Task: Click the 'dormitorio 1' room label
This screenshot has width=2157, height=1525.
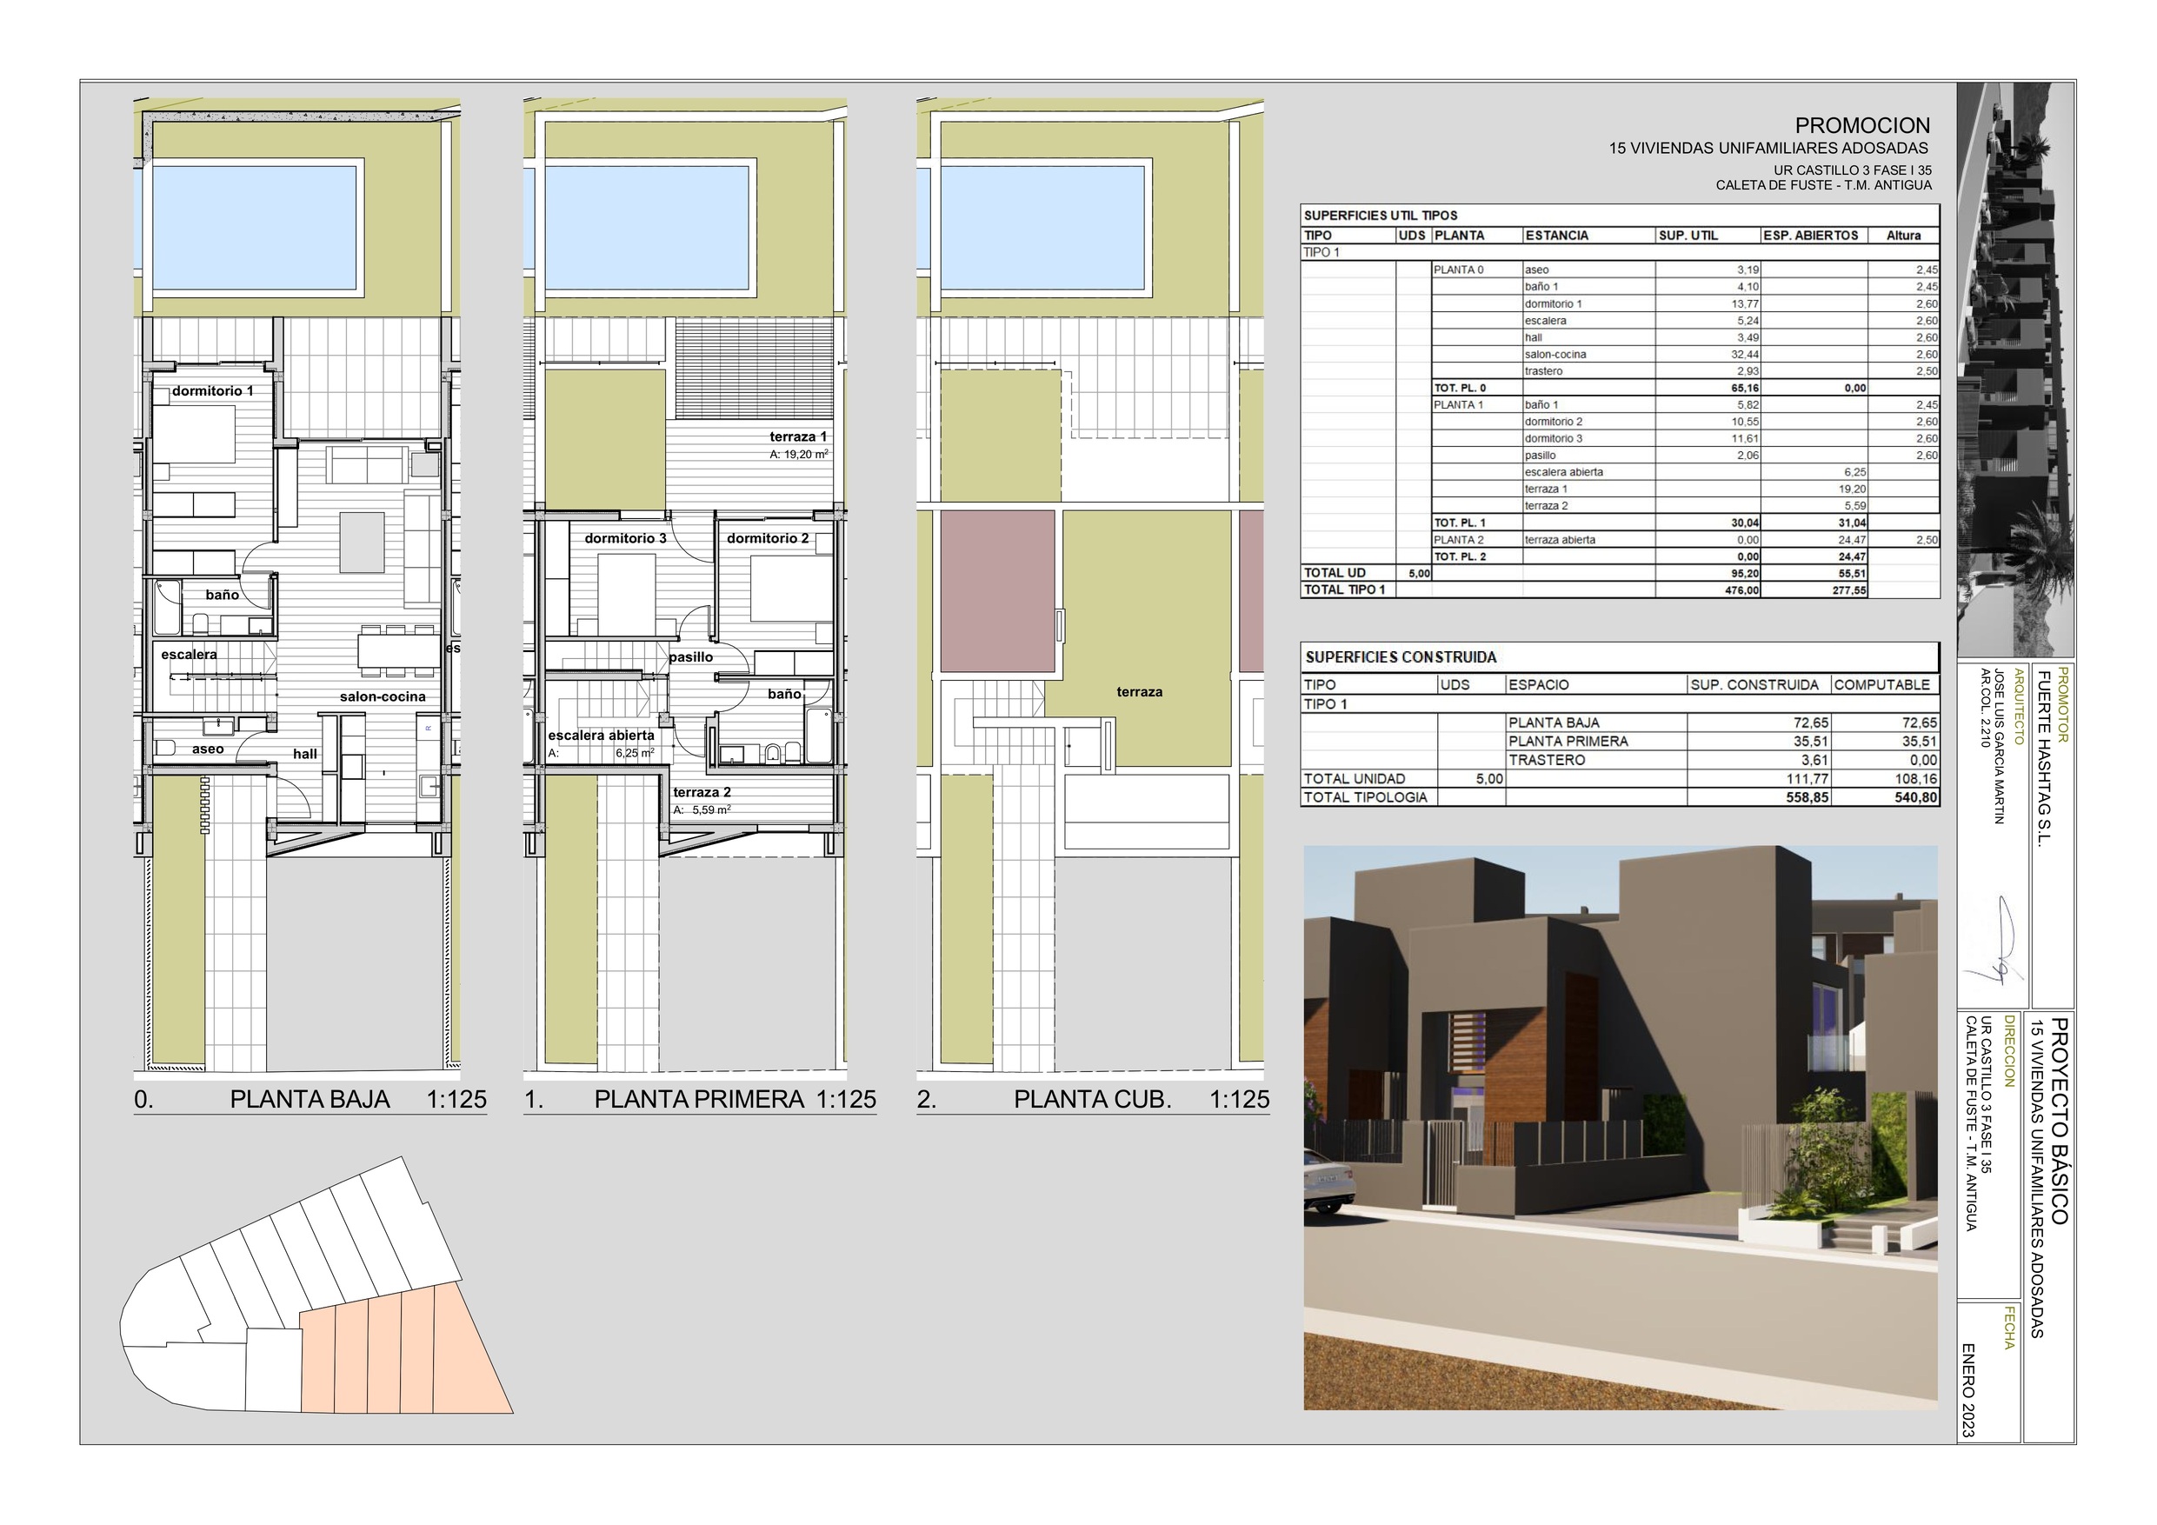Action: click(x=212, y=391)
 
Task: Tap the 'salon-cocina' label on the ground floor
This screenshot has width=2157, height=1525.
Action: click(x=383, y=696)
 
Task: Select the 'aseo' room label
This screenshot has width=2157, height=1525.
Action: click(x=208, y=749)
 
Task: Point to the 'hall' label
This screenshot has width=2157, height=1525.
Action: click(x=304, y=754)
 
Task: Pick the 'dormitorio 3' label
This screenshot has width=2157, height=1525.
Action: click(x=626, y=538)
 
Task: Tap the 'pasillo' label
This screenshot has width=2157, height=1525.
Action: click(x=690, y=656)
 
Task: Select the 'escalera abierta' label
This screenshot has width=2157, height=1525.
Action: click(x=602, y=735)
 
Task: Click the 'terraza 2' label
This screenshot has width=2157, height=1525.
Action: click(x=702, y=792)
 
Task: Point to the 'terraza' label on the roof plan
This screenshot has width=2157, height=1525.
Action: click(x=1140, y=691)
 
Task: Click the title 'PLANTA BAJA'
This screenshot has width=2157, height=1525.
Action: click(x=310, y=1099)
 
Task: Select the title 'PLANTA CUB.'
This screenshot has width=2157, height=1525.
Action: click(x=1093, y=1099)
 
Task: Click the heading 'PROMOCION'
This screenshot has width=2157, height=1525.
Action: click(x=1862, y=125)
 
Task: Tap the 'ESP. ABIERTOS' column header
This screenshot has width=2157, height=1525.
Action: click(x=1810, y=236)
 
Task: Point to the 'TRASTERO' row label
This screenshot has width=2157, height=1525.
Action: click(x=1547, y=759)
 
